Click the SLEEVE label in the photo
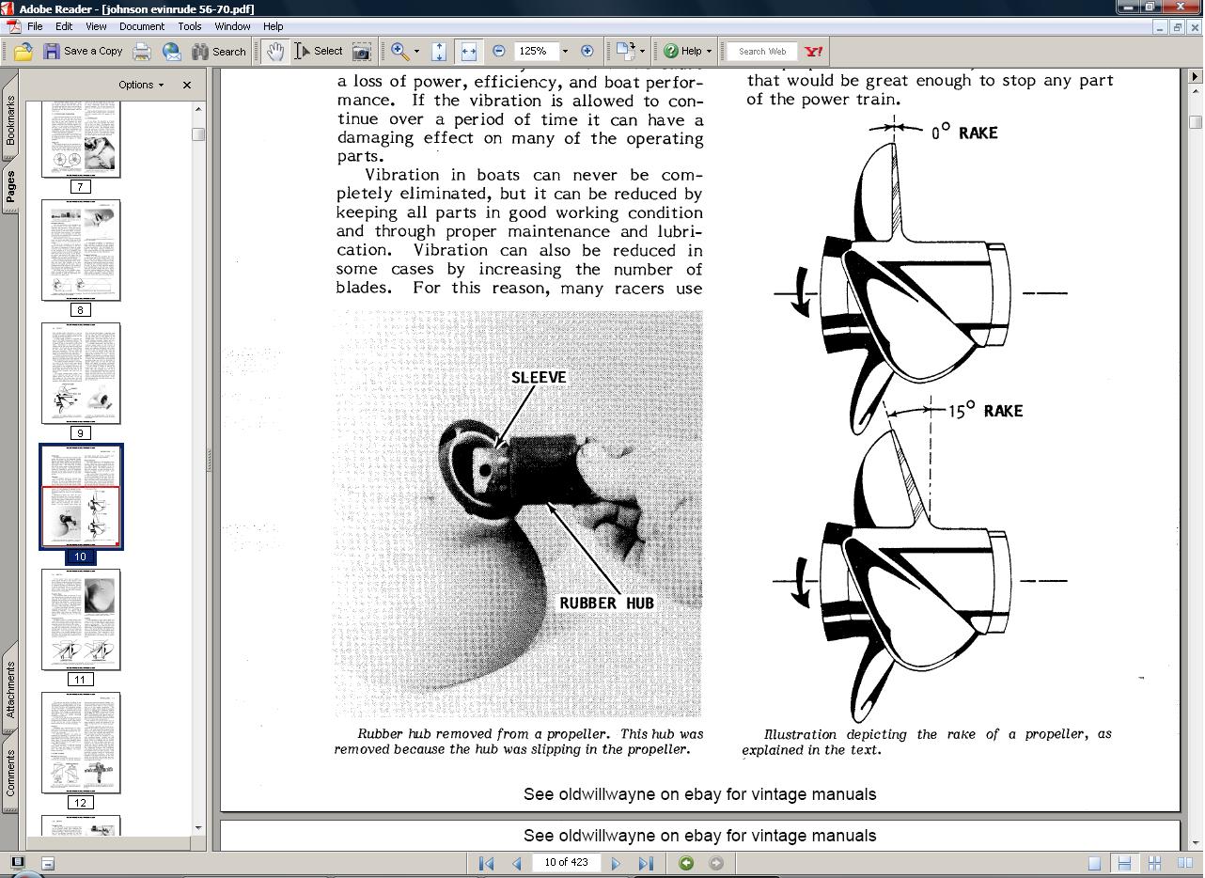(539, 378)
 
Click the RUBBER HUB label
(606, 604)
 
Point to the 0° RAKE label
(964, 133)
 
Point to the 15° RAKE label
(984, 412)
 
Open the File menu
(35, 26)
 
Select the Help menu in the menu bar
(273, 26)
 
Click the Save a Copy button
(83, 52)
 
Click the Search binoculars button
(219, 52)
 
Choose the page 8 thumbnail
(81, 250)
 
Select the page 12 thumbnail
(81, 743)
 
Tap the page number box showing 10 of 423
(566, 863)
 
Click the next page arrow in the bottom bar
(616, 863)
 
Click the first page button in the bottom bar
(486, 863)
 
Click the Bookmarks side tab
(10, 120)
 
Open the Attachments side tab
(10, 689)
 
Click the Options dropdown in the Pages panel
(141, 85)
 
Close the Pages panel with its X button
(187, 85)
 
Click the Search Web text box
(762, 52)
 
